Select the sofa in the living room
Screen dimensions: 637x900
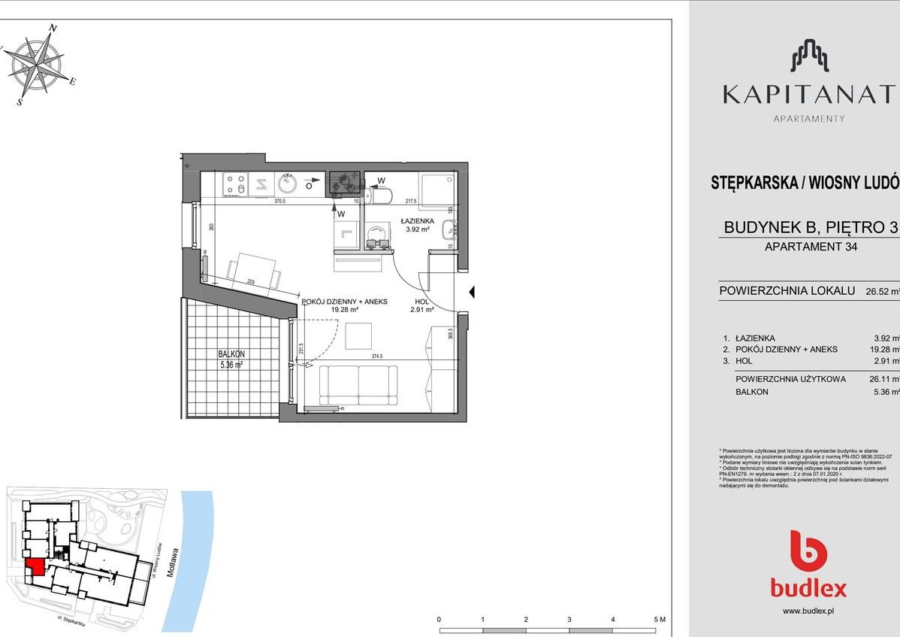click(x=358, y=385)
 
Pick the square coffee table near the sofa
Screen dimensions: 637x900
click(x=358, y=335)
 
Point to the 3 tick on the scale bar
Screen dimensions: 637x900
click(x=570, y=619)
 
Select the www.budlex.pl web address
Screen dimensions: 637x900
click(x=808, y=611)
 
